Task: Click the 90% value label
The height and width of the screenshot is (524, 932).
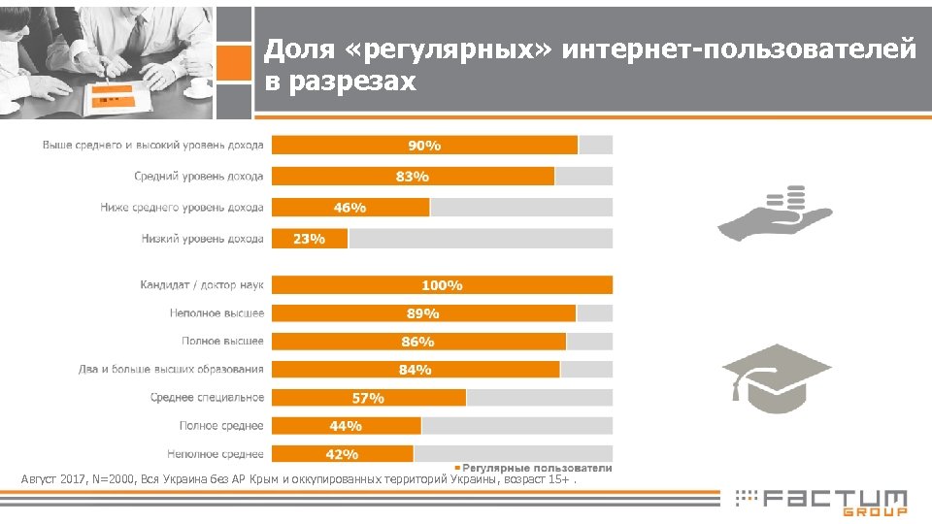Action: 424,146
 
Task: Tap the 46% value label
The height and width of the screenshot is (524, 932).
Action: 349,208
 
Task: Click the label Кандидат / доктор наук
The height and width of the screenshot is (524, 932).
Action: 202,285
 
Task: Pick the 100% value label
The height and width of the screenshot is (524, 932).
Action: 442,285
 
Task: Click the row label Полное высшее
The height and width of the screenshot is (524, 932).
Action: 222,342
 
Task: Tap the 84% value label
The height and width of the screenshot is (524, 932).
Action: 416,370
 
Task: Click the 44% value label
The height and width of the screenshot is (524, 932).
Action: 346,426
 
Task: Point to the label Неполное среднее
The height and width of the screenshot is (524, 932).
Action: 216,454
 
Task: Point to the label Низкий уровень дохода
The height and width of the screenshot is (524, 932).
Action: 203,239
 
